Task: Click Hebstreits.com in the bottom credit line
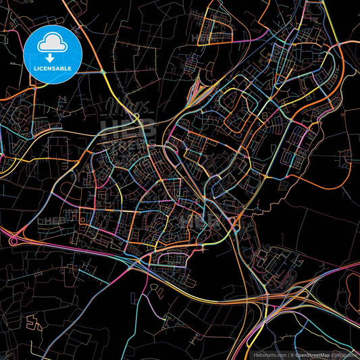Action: point(269,353)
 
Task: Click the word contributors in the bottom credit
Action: point(343,353)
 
